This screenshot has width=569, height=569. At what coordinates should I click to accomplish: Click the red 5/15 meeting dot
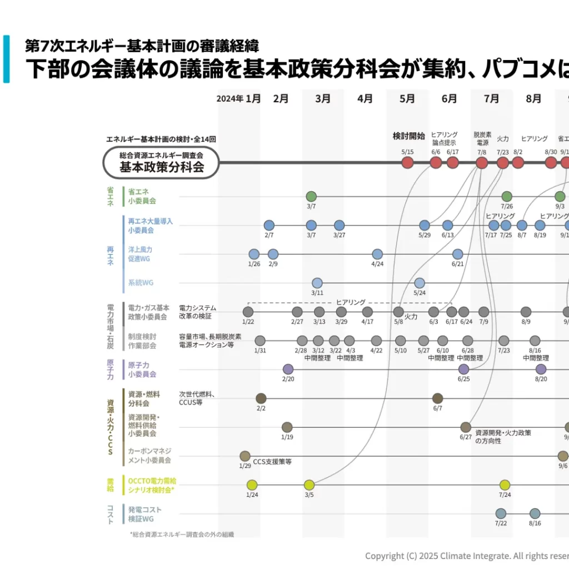407,162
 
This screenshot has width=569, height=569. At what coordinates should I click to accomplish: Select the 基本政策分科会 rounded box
161,162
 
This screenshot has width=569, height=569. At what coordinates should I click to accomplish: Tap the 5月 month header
407,99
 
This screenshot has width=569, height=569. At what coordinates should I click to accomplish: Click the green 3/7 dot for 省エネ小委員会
311,196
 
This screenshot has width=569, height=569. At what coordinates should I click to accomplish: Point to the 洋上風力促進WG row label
139,254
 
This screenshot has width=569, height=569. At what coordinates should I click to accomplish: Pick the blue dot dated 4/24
377,254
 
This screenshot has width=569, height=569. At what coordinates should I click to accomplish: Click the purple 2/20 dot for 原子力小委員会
288,369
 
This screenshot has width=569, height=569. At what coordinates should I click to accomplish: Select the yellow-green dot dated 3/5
309,485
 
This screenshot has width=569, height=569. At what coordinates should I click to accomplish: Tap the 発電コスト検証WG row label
144,514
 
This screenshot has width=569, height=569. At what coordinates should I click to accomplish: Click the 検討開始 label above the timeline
408,136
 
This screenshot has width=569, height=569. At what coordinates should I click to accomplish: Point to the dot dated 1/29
245,456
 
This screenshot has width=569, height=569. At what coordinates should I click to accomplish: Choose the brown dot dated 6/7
437,398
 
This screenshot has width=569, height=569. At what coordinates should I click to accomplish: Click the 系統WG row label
141,283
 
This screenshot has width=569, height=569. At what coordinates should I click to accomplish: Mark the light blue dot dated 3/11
317,283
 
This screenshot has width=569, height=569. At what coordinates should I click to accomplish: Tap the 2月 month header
281,99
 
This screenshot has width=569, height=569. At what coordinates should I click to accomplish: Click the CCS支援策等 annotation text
272,462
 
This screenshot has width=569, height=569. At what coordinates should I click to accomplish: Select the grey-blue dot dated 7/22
501,513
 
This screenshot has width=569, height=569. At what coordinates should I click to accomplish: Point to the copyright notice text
467,556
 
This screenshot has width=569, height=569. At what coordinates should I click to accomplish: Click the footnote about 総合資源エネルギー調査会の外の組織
182,535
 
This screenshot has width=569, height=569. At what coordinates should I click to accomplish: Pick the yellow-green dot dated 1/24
252,485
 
